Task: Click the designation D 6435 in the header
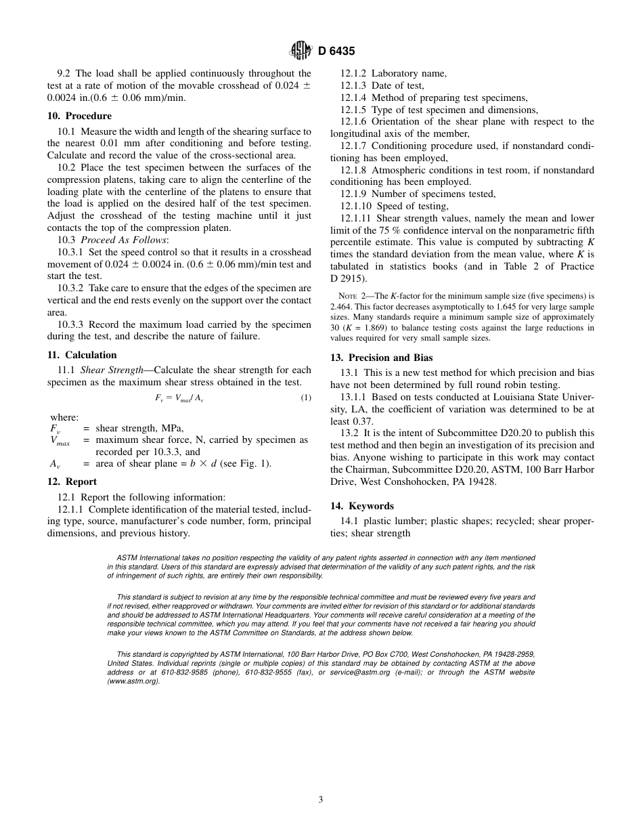click(336, 50)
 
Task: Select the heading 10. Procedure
click(79, 116)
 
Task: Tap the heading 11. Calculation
click(82, 355)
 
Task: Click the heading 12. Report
click(72, 482)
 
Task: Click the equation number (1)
click(306, 398)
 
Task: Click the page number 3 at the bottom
click(321, 799)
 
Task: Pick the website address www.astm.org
click(133, 681)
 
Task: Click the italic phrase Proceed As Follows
click(123, 240)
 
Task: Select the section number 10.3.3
click(70, 324)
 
